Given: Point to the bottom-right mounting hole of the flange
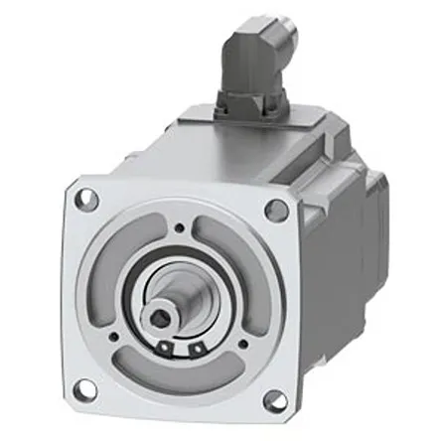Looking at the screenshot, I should click(271, 401).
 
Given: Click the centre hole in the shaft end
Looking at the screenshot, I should click(162, 318).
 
